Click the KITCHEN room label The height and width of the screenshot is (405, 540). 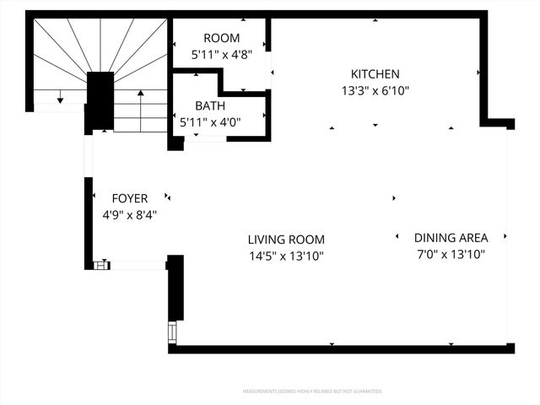375,74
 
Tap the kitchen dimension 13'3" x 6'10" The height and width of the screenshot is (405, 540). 375,90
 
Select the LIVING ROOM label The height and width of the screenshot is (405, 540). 286,240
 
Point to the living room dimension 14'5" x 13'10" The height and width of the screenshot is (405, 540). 286,256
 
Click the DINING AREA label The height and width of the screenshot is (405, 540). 451,238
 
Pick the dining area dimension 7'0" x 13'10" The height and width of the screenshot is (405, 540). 451,254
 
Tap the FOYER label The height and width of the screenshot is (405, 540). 130,199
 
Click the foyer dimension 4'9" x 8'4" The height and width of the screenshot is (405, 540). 130,215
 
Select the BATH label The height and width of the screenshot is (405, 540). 210,106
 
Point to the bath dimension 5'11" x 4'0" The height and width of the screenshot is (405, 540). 210,122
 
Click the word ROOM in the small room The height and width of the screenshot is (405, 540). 222,38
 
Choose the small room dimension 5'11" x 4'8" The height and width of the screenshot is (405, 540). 222,54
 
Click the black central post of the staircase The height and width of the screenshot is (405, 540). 100,100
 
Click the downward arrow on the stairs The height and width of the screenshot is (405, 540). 60,95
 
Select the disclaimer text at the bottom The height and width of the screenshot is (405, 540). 312,391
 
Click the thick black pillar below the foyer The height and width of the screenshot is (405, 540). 175,288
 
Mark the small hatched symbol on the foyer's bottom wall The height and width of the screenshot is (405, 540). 101,265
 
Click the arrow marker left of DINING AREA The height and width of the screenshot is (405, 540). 397,237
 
